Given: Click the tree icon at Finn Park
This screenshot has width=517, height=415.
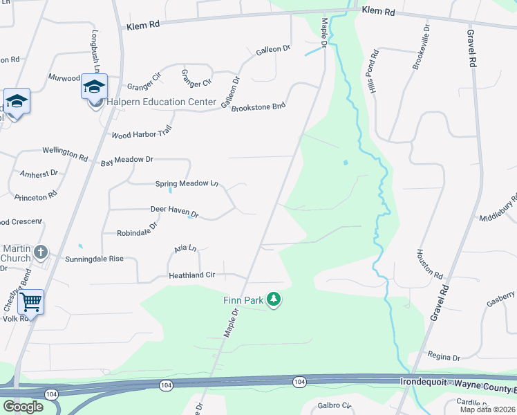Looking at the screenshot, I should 274,300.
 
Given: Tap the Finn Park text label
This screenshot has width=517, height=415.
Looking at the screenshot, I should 244,300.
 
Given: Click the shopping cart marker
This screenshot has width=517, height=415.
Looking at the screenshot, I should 30,302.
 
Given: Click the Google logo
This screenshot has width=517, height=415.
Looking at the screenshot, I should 23,406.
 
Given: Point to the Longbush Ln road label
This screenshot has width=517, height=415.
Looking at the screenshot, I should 97,51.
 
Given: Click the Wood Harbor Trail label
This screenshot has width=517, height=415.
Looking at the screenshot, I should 141,133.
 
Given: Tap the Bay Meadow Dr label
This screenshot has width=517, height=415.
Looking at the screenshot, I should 126,160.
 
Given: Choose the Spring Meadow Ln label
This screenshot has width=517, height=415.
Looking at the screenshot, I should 187,183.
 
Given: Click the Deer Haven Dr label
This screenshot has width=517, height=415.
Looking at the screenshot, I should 174,211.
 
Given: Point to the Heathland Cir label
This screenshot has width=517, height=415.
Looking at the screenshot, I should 192,275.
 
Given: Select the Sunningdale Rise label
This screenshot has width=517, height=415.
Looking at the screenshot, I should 94,258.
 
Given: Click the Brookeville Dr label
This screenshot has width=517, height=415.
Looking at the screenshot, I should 421,48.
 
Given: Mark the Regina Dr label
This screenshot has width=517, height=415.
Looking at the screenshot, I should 444,358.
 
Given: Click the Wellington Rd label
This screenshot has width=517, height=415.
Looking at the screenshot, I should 65,153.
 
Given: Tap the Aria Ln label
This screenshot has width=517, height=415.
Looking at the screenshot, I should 185,248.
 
